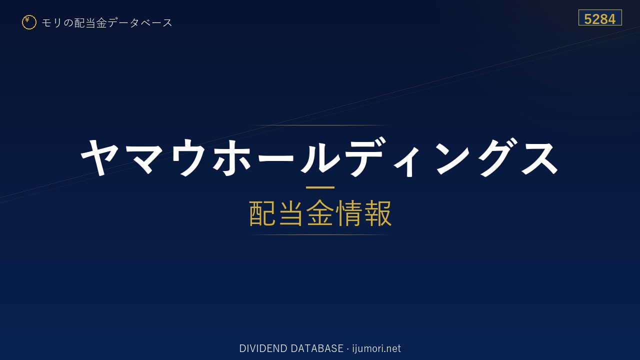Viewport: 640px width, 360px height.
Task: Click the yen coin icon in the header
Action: click(29, 22)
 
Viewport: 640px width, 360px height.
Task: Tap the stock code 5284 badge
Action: click(600, 17)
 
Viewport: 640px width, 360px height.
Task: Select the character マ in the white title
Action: click(144, 157)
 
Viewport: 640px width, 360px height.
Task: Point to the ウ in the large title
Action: click(189, 157)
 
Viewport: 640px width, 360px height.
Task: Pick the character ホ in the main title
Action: click(232, 157)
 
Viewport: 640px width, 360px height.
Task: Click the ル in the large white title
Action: click(320, 157)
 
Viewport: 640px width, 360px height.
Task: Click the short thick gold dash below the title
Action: click(320, 187)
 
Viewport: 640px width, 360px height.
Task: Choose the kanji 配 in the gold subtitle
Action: click(262, 213)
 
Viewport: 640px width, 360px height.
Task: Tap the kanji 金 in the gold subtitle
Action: click(320, 213)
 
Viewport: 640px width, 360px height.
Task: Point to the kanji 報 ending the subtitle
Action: click(377, 213)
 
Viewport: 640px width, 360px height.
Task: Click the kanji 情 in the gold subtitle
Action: click(348, 213)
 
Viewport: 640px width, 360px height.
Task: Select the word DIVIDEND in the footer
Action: click(263, 348)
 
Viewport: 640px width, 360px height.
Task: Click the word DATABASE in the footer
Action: click(317, 348)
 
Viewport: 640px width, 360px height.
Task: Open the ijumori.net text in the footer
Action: click(376, 348)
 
